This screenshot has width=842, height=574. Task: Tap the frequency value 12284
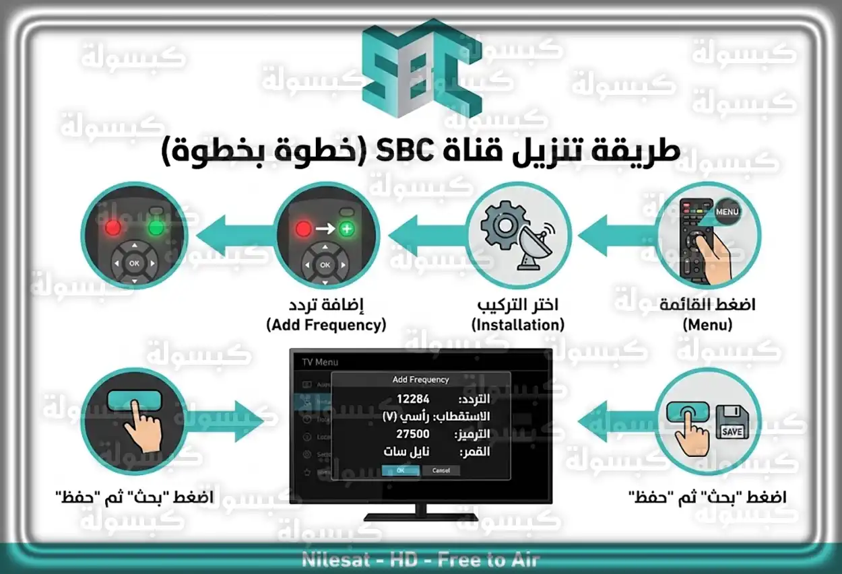coord(412,398)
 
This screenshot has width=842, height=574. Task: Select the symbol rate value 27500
coord(412,434)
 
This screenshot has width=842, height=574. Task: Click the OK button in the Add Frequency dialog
coord(400,470)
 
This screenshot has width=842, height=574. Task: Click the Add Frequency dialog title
coord(420,380)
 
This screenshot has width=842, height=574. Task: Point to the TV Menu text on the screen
coord(319,362)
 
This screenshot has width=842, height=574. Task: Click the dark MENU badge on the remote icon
coord(727,211)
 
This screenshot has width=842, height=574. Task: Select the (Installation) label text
coord(517,325)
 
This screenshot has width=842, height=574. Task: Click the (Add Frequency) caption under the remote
coord(326,325)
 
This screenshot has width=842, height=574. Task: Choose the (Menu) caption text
coord(707,325)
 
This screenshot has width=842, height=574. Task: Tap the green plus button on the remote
coord(347,229)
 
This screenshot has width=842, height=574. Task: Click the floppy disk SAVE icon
coord(732,421)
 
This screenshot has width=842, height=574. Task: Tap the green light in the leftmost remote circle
coord(156,228)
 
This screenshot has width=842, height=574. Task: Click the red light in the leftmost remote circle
coord(112,228)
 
